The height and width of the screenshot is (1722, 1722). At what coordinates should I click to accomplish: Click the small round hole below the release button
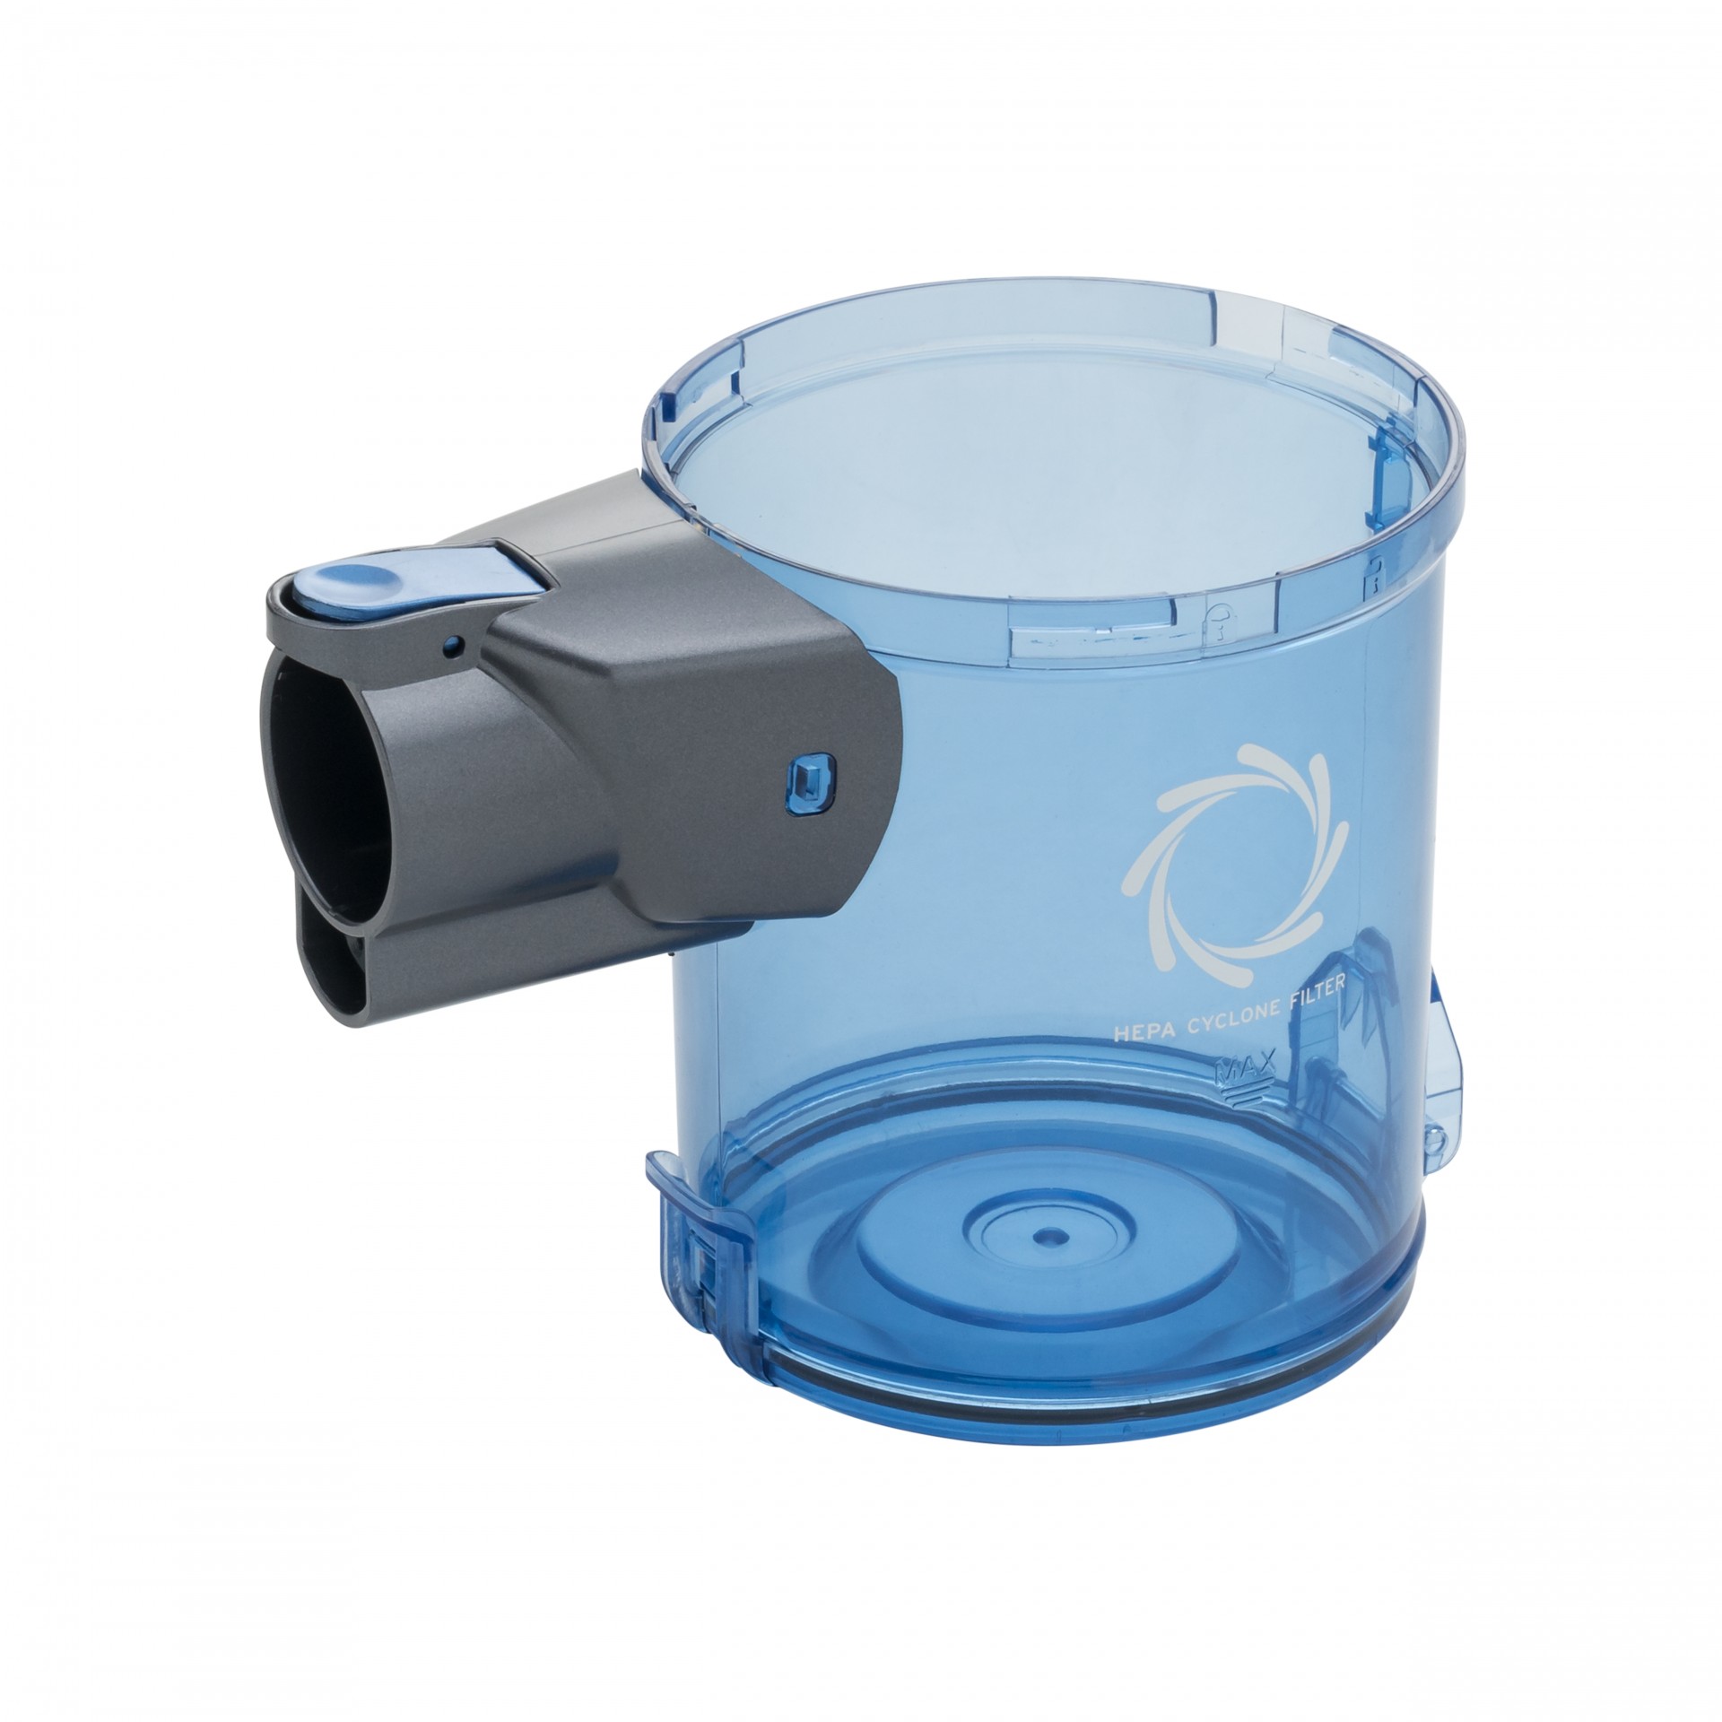coord(457,642)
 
